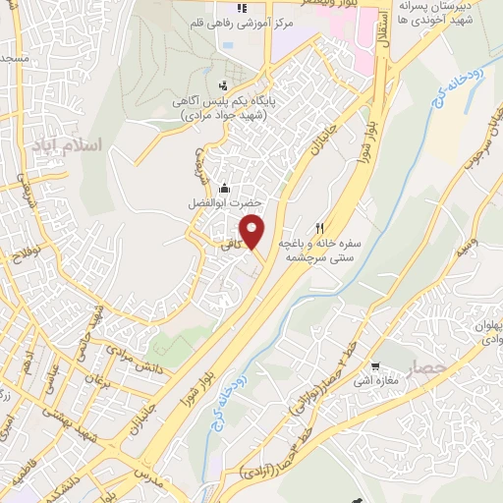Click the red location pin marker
pos(253,231)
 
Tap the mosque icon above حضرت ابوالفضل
pos(225,187)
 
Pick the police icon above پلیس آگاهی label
pos(225,84)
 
